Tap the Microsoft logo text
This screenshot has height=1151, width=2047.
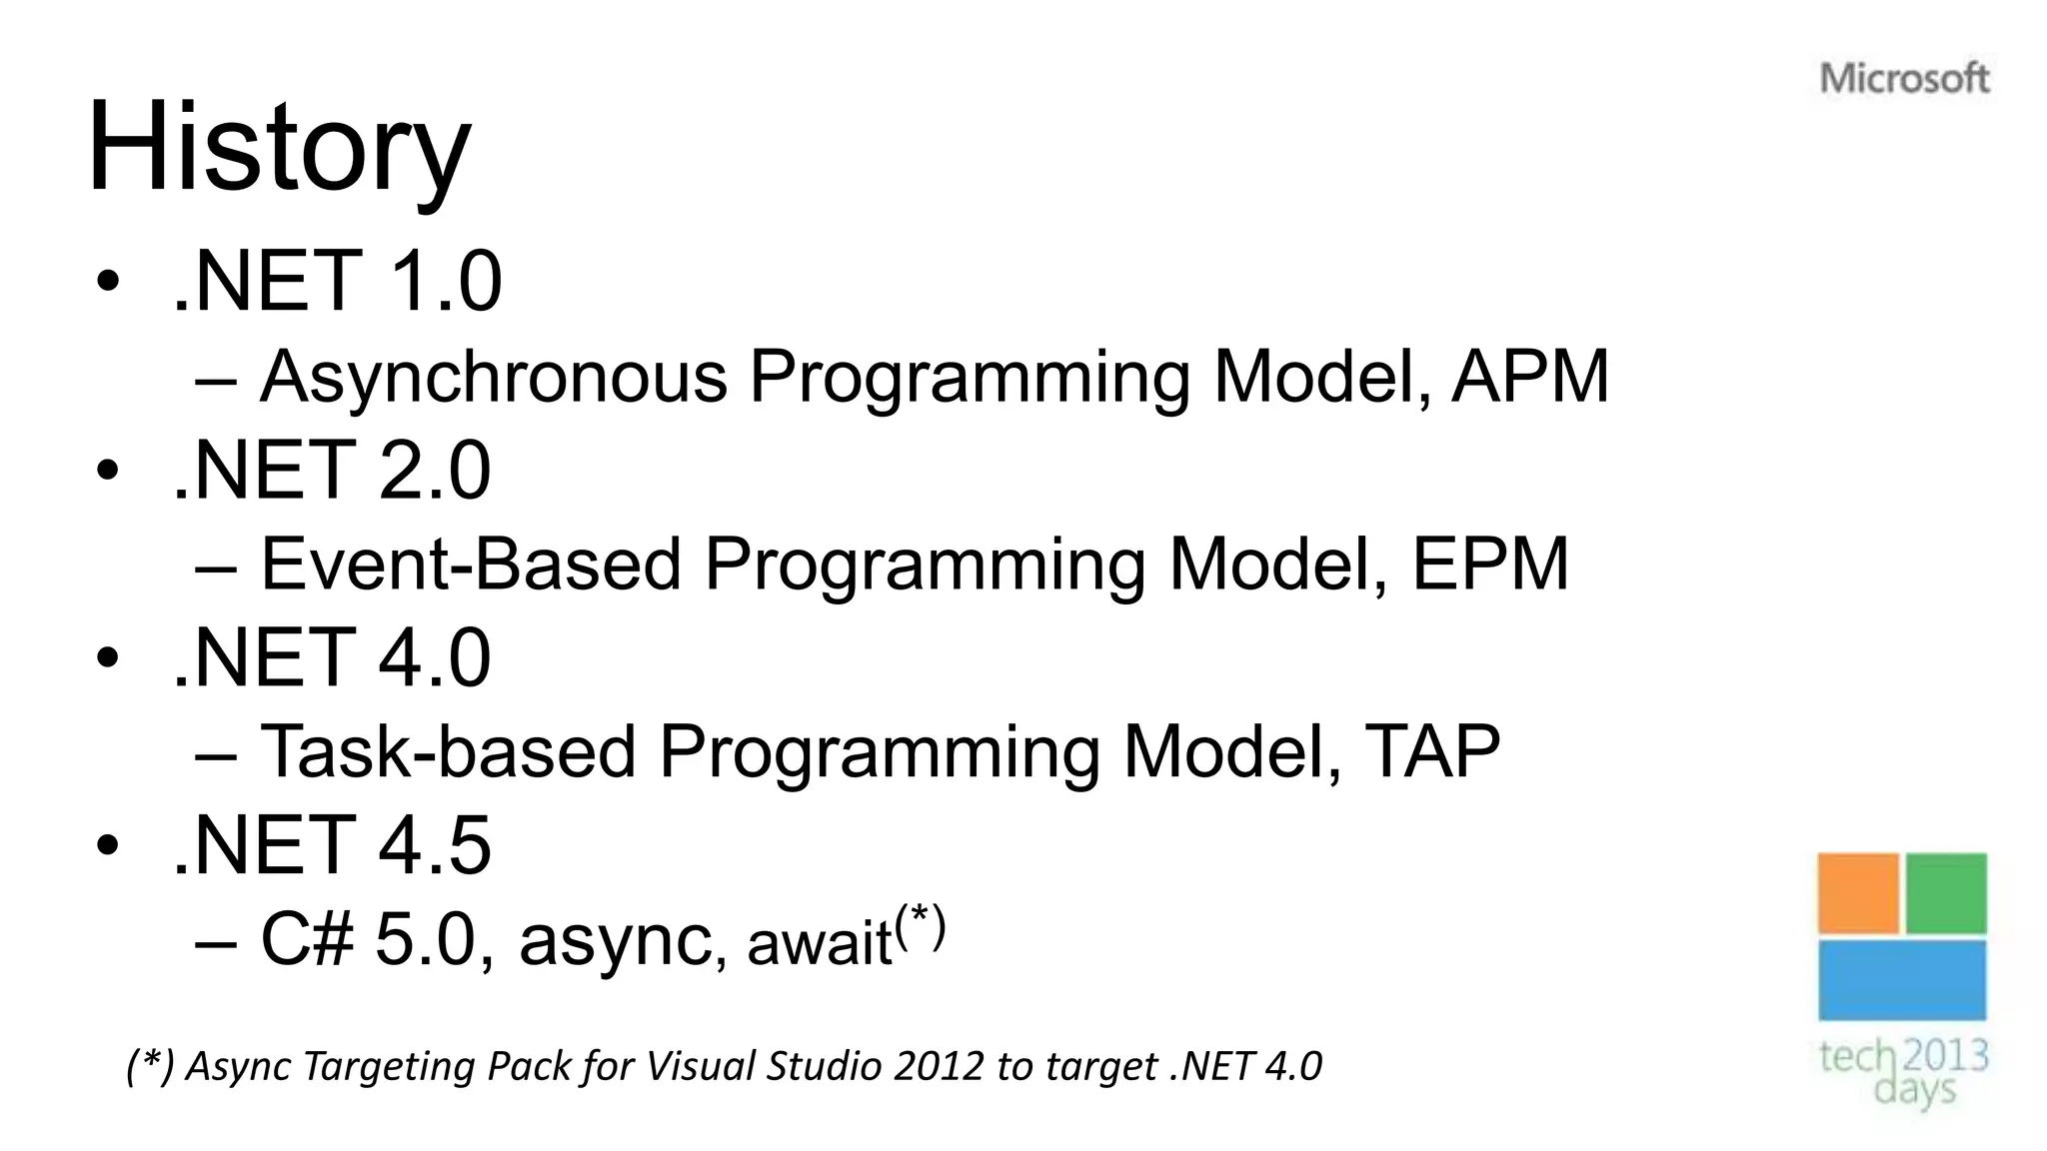coord(1904,78)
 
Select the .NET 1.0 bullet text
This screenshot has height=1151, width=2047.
coord(337,282)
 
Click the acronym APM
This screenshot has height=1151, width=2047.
coord(1529,377)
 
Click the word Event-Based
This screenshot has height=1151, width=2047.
coord(470,565)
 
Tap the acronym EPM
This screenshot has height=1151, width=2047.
coord(1489,565)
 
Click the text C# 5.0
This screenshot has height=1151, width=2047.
coord(366,939)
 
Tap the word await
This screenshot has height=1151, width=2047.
coord(819,943)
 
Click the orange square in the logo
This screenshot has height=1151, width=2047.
coord(1857,893)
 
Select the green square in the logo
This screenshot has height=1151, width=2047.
coord(1946,893)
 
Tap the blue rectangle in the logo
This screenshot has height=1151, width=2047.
coord(1902,980)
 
